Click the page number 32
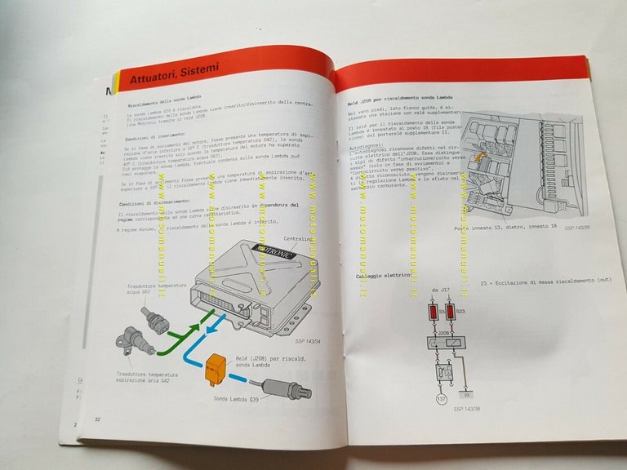point(98,419)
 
